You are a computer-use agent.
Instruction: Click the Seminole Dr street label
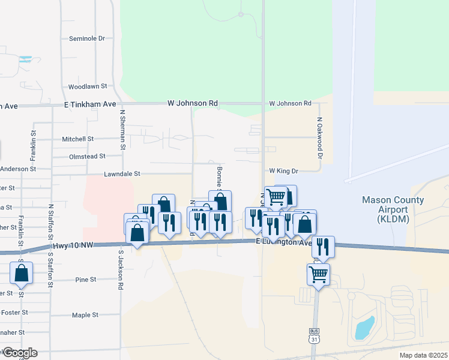coord(87,38)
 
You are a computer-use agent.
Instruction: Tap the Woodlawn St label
coord(87,86)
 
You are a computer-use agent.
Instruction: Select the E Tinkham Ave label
coord(89,104)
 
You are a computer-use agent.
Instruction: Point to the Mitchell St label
coord(77,139)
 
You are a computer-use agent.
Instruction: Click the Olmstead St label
coord(86,156)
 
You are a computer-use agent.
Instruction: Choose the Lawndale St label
coord(121,174)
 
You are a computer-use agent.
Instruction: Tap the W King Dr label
coord(284,171)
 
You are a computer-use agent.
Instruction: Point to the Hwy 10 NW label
coord(73,245)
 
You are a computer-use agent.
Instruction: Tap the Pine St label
coord(86,280)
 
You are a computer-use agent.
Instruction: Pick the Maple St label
coord(85,315)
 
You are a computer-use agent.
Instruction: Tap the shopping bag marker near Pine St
coord(21,273)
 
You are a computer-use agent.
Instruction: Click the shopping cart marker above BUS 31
coord(318,275)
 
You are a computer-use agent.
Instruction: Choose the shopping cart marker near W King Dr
coord(276,196)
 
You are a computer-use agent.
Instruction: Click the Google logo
coord(19,353)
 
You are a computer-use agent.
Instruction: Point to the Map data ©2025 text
coord(423,355)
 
